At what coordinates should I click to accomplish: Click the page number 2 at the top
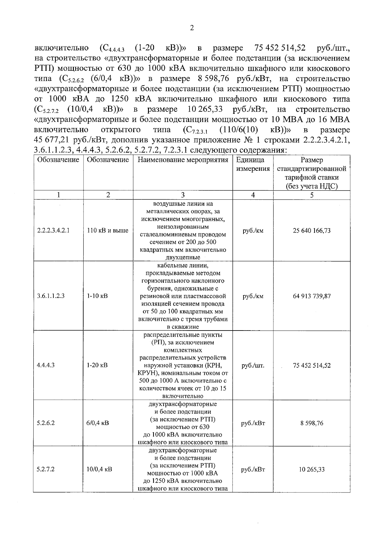(192, 28)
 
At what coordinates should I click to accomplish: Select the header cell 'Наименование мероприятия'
(183, 160)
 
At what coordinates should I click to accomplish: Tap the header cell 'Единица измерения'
(253, 164)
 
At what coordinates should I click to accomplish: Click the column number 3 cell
(183, 195)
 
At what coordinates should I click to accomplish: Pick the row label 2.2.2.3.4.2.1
(53, 231)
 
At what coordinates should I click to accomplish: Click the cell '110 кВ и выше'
(108, 231)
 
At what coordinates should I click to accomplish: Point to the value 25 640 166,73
(312, 231)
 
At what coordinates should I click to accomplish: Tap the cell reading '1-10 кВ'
(97, 296)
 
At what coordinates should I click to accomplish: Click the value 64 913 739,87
(312, 296)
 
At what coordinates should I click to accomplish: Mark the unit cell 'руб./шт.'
(253, 365)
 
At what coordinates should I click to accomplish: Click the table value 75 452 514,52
(312, 365)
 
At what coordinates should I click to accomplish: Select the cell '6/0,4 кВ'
(98, 423)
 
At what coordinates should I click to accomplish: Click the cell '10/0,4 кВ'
(99, 469)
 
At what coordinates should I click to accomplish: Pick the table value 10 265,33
(312, 470)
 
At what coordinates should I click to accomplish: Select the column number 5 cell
(312, 195)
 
